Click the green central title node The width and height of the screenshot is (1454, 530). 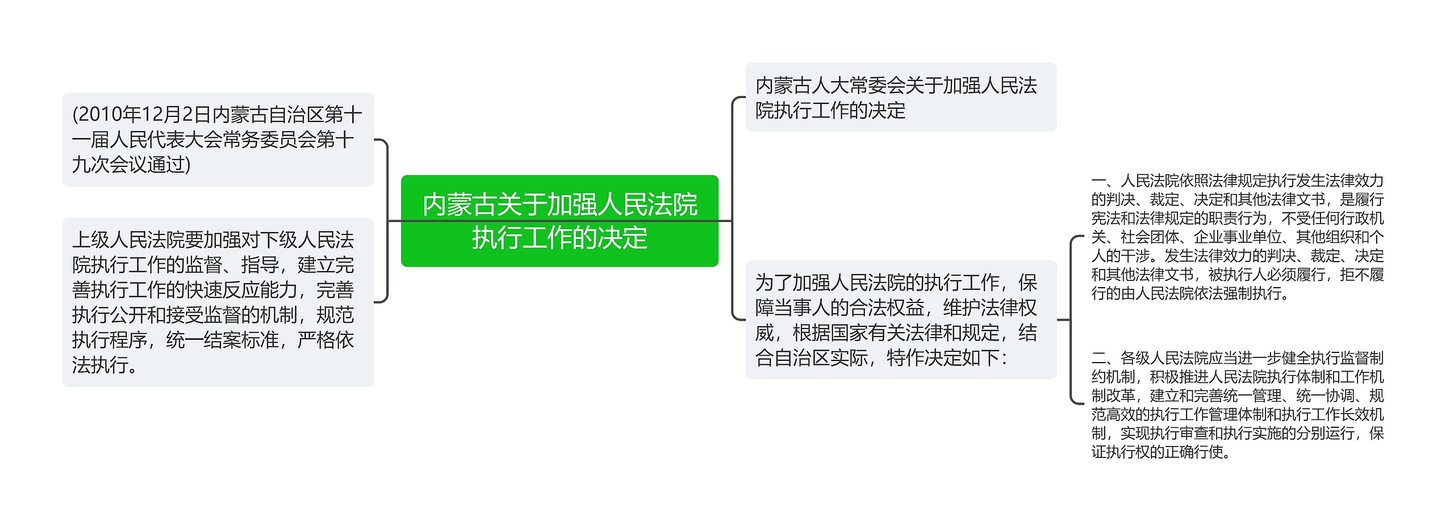point(559,221)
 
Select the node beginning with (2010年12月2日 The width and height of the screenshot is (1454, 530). point(218,140)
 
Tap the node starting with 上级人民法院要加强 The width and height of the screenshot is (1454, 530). point(218,302)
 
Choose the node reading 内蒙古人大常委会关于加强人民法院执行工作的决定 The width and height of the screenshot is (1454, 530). point(901,97)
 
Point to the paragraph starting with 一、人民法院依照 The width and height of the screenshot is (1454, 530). point(1237,237)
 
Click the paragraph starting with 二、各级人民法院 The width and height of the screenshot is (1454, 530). point(1237,405)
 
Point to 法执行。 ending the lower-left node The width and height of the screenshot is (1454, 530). point(105,365)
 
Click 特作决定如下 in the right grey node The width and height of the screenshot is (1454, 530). point(943,357)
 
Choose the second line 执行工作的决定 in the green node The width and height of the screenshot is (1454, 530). point(559,238)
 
